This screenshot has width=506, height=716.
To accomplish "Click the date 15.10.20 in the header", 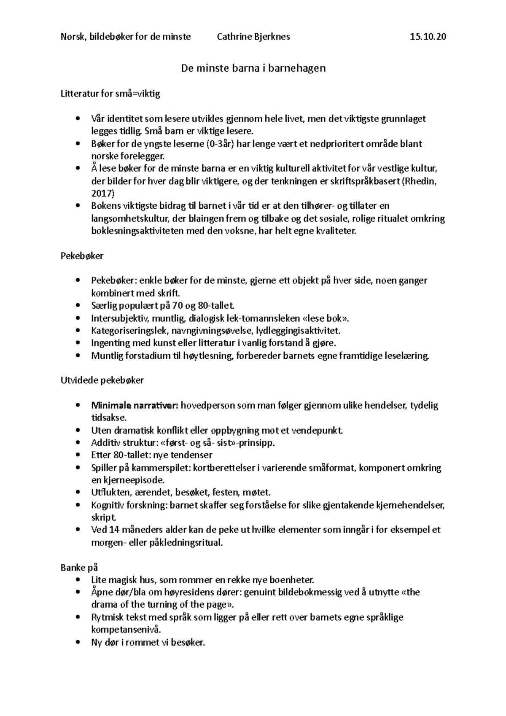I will (428, 37).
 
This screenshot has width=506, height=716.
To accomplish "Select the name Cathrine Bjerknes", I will (253, 37).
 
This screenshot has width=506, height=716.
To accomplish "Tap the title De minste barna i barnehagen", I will (253, 68).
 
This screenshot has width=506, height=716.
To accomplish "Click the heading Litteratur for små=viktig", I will (110, 94).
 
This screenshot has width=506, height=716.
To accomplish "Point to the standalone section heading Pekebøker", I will (82, 256).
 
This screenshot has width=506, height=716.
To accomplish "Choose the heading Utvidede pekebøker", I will (102, 380).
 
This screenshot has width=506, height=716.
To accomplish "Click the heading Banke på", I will (79, 568).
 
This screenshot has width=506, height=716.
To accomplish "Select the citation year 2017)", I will (103, 194).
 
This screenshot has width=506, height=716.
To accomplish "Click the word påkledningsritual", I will (186, 543).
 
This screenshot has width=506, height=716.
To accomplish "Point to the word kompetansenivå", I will (126, 630).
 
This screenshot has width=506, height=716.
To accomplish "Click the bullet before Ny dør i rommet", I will (76, 643).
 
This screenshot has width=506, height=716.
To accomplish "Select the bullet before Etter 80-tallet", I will (76, 455).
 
